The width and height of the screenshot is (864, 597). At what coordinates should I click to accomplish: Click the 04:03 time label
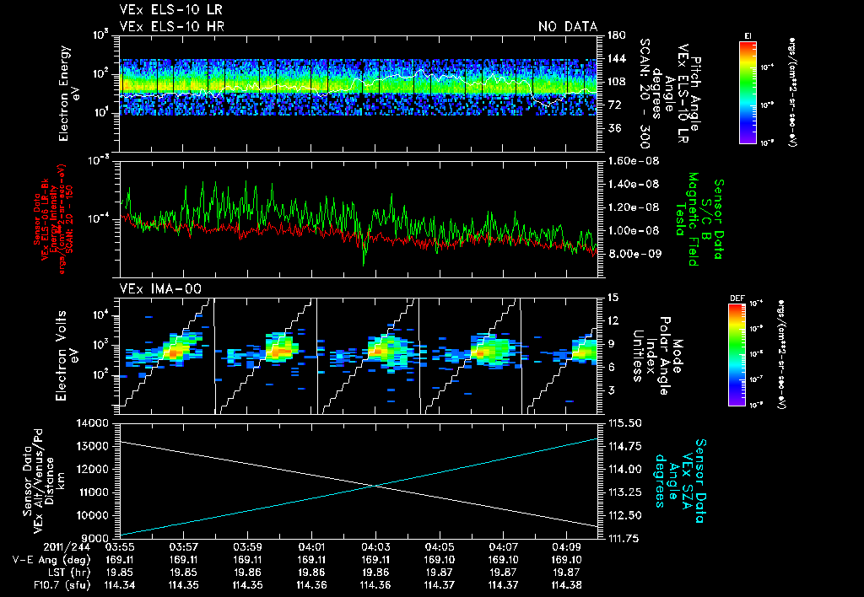(x=377, y=546)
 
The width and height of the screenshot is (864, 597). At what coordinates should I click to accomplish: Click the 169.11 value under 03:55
(x=121, y=559)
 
